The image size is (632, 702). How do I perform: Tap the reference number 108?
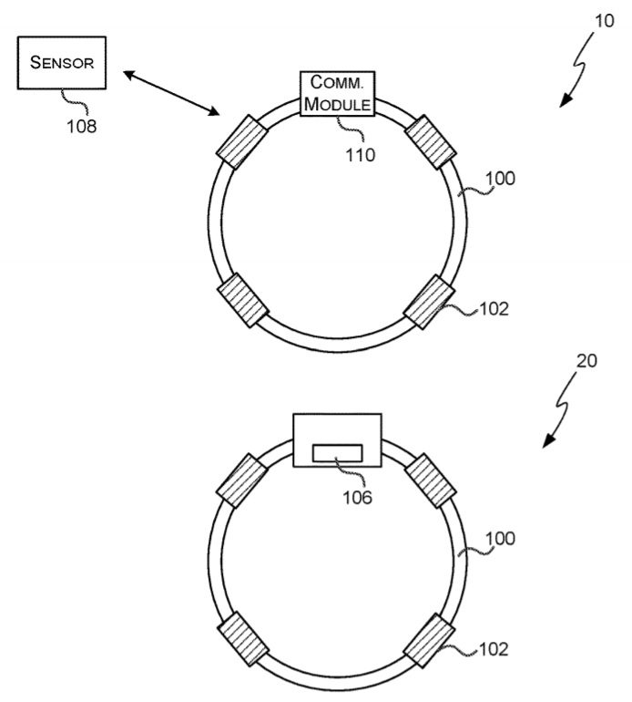pos(80,126)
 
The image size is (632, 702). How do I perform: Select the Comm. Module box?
pos(338,94)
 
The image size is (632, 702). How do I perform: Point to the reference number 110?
pos(360,155)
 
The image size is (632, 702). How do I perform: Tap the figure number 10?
pos(604,20)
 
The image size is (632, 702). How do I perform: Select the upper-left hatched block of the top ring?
pos(240,141)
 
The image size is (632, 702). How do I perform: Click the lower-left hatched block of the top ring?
pos(240,300)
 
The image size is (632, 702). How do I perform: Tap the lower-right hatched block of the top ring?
pos(429,301)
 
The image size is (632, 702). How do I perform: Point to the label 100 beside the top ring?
pos(500,179)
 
